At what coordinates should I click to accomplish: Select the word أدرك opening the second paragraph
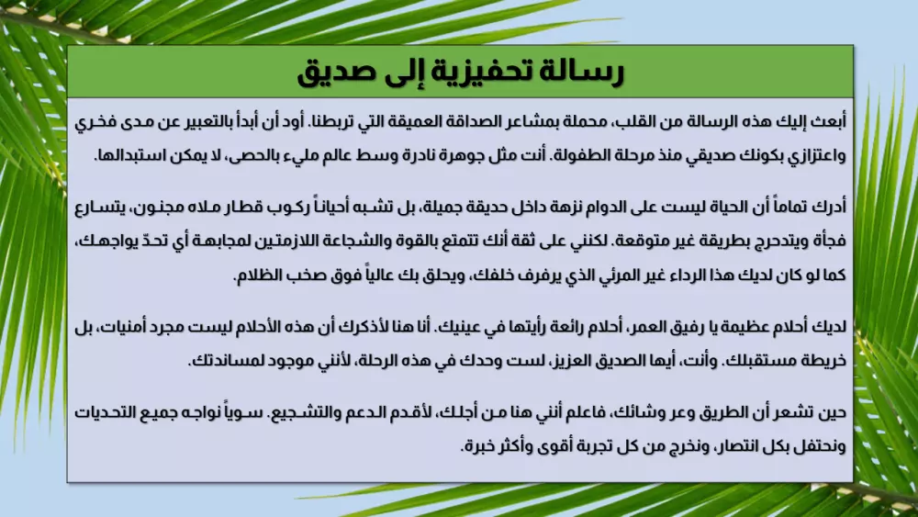coord(829,208)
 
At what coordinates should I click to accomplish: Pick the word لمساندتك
coord(229,360)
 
